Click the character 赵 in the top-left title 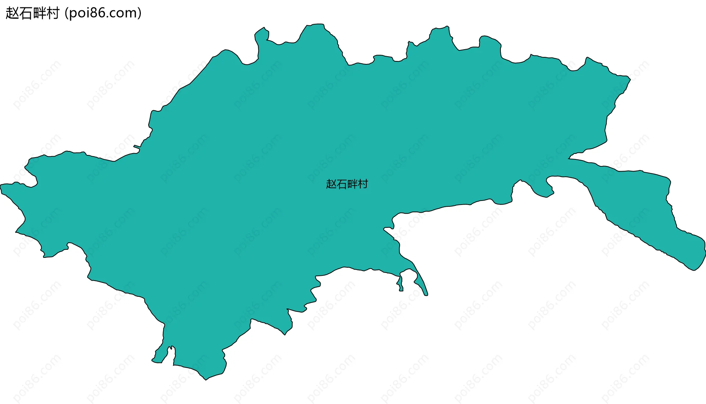coord(13,13)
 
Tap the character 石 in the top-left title coord(26,13)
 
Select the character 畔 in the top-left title coord(40,13)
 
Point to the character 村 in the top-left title coord(53,13)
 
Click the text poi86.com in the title coord(103,13)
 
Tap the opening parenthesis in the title coord(66,14)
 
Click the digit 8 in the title coord(94,13)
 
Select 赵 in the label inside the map coord(331,184)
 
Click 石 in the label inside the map coord(342,184)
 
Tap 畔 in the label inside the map coord(352,184)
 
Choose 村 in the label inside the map coord(363,184)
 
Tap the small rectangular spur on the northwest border coord(137,147)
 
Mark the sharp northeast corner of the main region coord(630,77)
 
